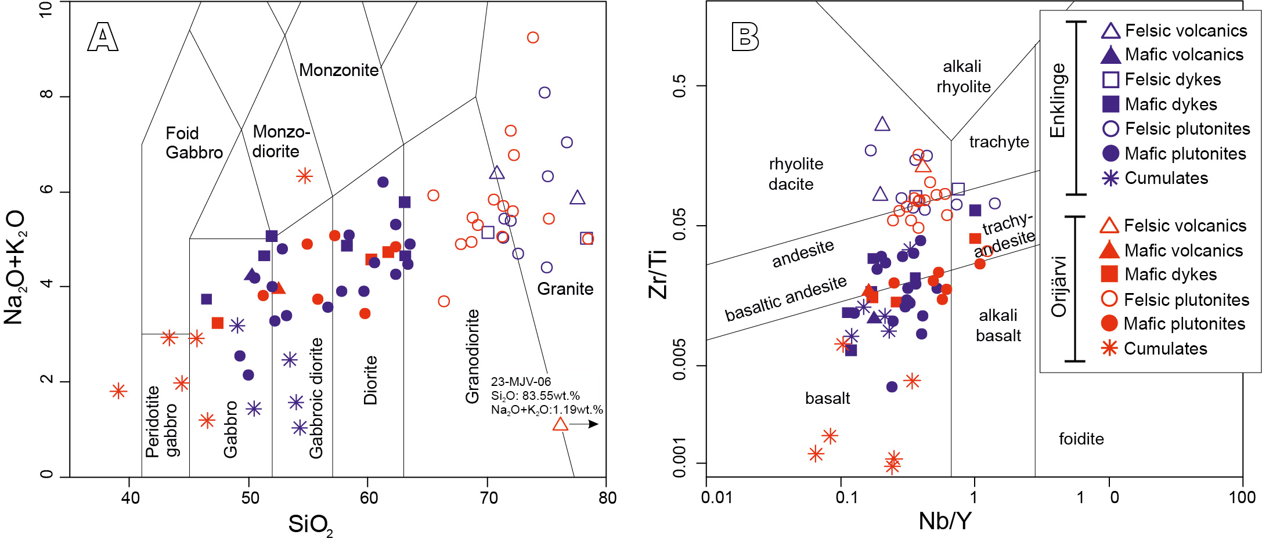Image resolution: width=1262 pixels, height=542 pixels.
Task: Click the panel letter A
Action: pos(103,38)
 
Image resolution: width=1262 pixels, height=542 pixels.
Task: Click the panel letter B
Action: pos(745,37)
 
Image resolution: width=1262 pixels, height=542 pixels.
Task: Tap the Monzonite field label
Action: pos(338,70)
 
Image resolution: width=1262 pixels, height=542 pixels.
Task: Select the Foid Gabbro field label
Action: pos(194,143)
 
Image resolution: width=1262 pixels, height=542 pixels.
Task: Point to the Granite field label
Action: pos(565,289)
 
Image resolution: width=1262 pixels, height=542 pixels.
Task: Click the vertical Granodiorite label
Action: pos(473,356)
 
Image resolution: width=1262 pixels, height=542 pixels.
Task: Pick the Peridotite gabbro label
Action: pos(162,422)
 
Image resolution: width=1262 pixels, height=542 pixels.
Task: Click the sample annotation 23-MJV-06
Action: pos(521,381)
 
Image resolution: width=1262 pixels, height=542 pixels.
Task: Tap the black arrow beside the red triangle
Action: pos(584,424)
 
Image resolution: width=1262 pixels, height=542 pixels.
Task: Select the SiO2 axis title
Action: pos(311,525)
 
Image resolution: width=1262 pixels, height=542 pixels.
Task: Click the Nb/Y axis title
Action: pos(944,521)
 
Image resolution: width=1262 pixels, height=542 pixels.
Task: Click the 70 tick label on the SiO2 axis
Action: pos(488,497)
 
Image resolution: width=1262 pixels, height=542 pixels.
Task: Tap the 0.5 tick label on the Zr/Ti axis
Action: pos(679,86)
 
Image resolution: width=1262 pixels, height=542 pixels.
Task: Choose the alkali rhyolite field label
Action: pos(963,77)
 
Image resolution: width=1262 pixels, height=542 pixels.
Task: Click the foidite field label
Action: pos(1081,439)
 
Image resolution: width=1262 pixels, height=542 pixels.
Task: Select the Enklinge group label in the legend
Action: pos(1058,100)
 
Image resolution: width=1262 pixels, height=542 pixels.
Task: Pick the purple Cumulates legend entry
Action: pos(1166,178)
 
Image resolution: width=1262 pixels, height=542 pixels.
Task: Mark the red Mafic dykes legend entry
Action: pos(1170,274)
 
